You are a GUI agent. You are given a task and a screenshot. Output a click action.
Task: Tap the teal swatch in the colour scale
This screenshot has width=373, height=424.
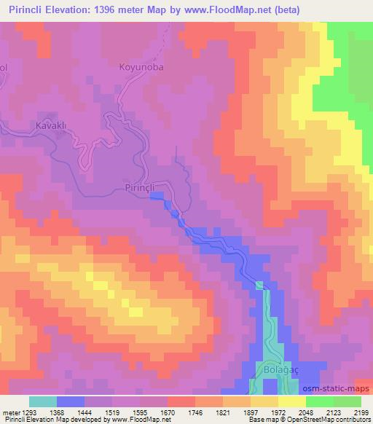tap(43, 401)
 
